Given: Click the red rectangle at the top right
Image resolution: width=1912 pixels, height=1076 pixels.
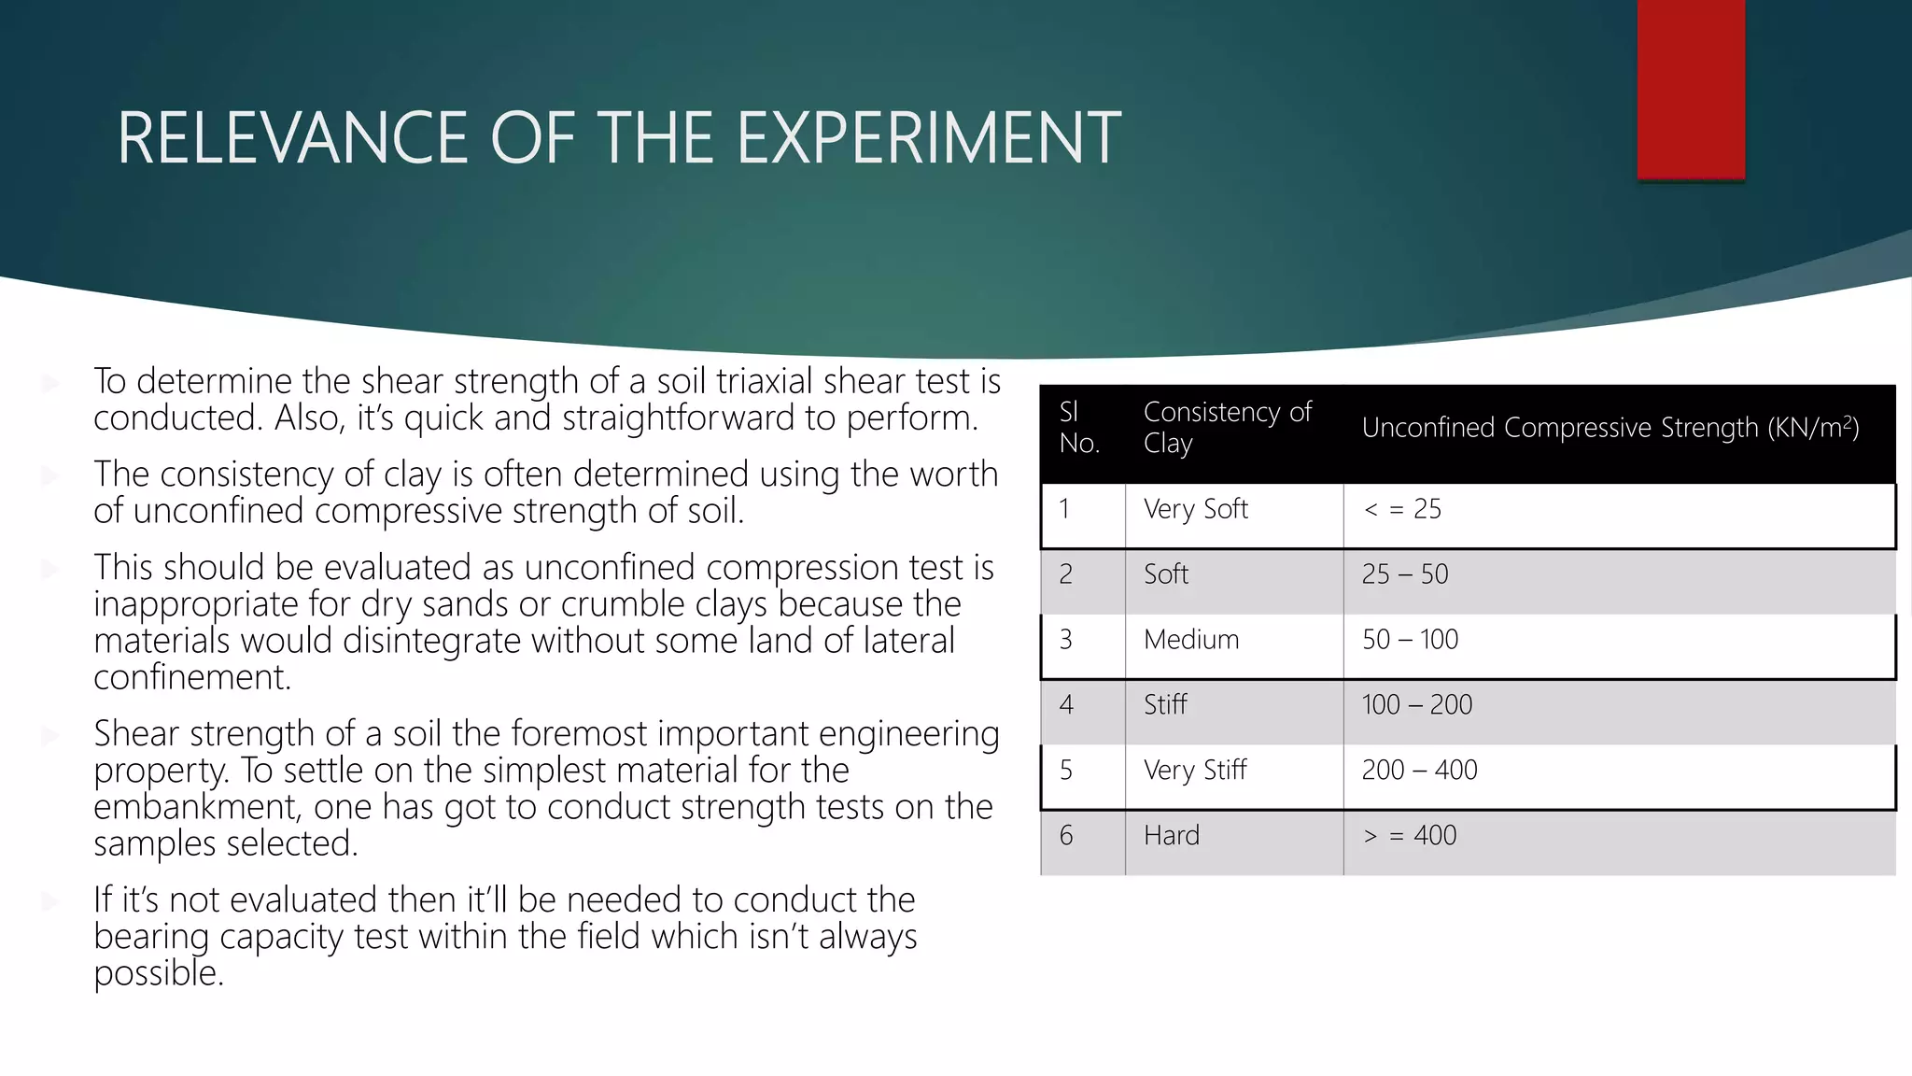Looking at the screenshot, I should [x=1691, y=89].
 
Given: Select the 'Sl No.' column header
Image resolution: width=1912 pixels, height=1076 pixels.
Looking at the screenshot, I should [x=1079, y=428].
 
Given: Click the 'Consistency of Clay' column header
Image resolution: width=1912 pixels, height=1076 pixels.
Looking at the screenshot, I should [x=1227, y=428].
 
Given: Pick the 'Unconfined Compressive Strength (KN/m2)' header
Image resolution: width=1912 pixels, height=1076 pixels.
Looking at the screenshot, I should [x=1610, y=428].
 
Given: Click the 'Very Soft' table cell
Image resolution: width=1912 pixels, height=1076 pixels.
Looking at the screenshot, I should [x=1195, y=510].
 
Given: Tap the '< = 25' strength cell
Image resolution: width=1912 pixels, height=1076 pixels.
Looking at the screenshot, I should [x=1402, y=510].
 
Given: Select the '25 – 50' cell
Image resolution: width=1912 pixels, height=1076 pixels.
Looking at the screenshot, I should [x=1405, y=574].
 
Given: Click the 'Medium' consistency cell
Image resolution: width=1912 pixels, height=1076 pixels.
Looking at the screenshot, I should [x=1191, y=640].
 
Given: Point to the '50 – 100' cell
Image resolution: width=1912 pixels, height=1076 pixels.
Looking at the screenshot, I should [x=1410, y=640].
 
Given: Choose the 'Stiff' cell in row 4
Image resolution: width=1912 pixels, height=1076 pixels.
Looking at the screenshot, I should [x=1165, y=705].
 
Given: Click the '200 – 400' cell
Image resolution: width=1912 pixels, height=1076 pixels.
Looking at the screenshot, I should [x=1419, y=771].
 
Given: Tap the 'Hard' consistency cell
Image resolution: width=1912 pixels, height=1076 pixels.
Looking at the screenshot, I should [x=1172, y=836].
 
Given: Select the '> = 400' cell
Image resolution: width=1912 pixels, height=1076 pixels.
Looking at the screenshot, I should [x=1410, y=836].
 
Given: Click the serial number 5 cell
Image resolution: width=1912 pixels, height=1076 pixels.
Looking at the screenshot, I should [x=1066, y=771].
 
